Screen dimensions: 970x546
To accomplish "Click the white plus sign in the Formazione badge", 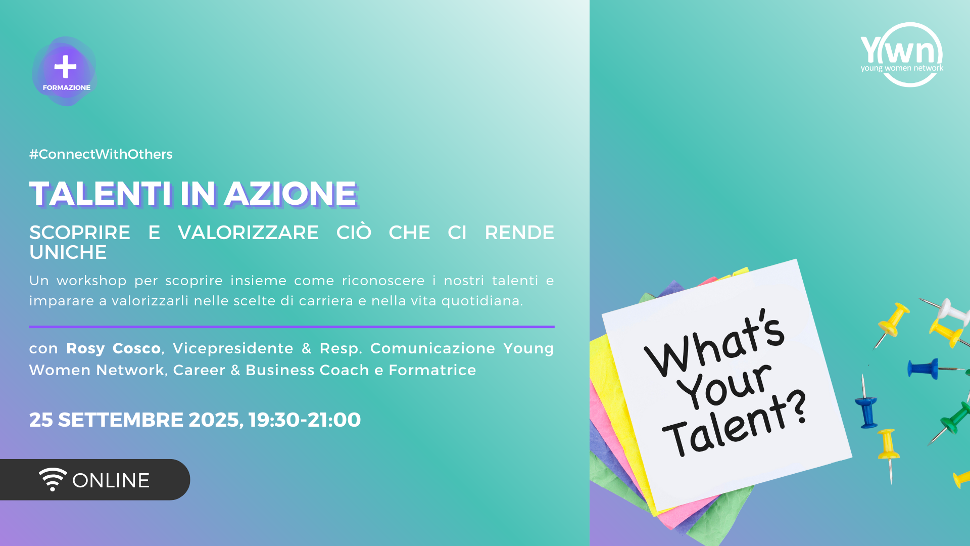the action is click(65, 67).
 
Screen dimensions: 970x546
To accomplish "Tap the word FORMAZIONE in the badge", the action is click(67, 87).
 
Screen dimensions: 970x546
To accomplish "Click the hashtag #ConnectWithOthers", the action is click(101, 154).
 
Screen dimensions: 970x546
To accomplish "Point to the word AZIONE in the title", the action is click(291, 194).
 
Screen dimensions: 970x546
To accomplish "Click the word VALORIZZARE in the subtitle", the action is click(248, 233).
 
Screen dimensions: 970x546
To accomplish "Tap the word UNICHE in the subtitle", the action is click(68, 252).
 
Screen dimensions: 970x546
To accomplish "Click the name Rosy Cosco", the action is click(114, 348).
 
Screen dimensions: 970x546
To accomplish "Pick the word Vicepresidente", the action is click(233, 348).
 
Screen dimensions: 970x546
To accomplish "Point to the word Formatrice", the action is click(432, 370).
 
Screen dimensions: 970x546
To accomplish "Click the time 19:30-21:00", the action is click(305, 420).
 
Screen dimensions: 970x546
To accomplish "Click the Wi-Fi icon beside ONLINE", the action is click(53, 479).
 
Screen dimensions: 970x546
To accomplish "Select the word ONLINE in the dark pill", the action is click(111, 480).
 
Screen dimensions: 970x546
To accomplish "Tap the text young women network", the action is click(902, 68).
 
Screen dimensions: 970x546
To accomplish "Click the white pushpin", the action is click(949, 310).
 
